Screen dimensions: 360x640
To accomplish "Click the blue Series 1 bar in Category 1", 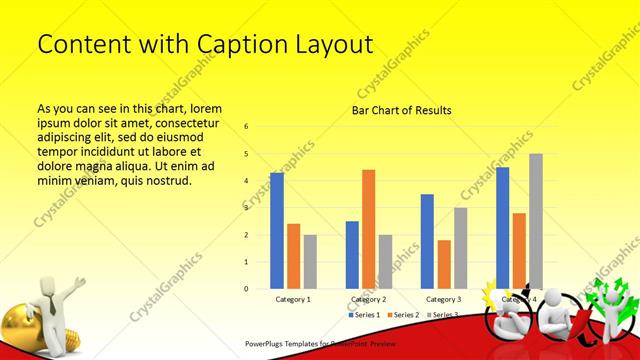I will pos(277,231).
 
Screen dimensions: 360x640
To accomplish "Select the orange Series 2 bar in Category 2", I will pos(368,229).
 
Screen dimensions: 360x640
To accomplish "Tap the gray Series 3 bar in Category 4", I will pos(536,221).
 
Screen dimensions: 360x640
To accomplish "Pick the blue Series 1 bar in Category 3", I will pos(427,241).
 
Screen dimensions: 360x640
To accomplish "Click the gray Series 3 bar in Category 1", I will pos(310,262).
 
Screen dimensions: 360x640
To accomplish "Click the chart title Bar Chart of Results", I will pos(401,110).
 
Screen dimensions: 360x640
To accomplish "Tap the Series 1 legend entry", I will pos(365,315).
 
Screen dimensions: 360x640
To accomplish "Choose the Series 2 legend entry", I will pos(403,315).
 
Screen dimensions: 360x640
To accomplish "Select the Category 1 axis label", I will pos(293,299).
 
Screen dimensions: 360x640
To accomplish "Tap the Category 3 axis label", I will pos(443,299).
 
